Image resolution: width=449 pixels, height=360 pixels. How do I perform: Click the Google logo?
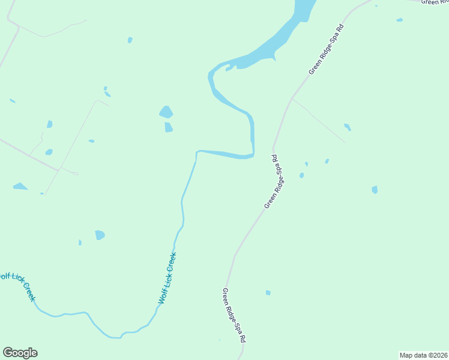(x=20, y=353)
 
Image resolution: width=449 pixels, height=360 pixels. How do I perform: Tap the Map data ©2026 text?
(x=424, y=355)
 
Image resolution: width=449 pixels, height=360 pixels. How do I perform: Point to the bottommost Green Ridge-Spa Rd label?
(x=234, y=314)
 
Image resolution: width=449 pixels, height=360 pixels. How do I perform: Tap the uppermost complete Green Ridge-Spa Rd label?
(x=327, y=49)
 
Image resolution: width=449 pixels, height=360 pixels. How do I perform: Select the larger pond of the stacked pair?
(x=166, y=112)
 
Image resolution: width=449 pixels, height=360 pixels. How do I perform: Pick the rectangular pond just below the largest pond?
(x=169, y=127)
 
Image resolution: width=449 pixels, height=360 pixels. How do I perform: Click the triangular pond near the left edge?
(x=20, y=187)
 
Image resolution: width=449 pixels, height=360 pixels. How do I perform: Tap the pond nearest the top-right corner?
(x=399, y=20)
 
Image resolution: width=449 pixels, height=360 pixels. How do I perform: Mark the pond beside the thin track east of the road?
(x=347, y=127)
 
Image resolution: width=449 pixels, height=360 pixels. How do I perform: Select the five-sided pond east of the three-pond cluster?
(x=375, y=190)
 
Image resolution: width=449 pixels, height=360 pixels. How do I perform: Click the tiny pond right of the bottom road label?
(x=268, y=293)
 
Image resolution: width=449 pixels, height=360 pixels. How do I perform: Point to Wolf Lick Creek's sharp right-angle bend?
(x=197, y=152)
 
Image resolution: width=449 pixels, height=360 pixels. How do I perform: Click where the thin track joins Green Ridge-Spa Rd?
(x=292, y=99)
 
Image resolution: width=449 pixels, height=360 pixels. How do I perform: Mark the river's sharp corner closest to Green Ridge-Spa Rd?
(x=253, y=155)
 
